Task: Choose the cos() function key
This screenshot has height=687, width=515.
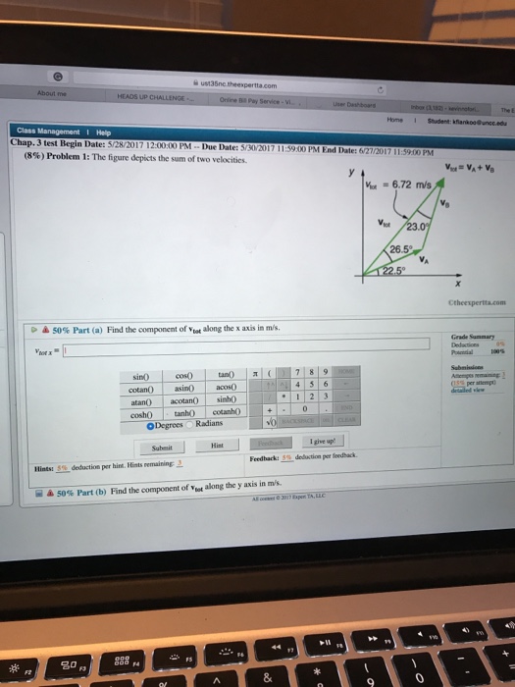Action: (183, 375)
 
